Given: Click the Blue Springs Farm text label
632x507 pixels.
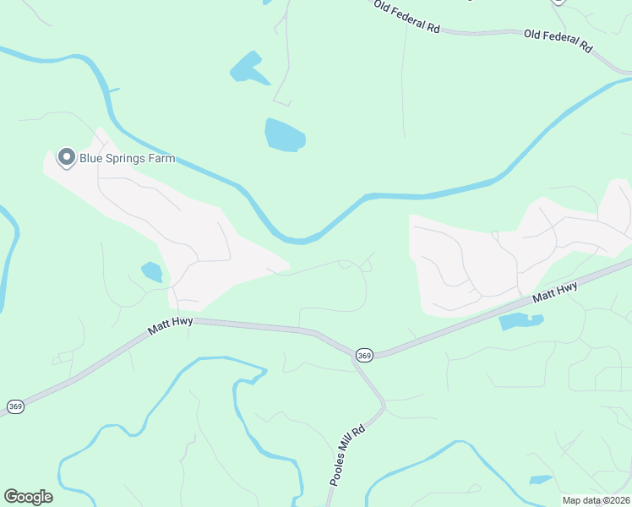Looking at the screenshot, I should (127, 157).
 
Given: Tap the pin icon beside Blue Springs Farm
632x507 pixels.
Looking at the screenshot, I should (66, 157).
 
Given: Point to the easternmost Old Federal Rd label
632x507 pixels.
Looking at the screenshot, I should (558, 41).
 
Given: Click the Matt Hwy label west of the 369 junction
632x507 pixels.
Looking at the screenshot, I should (171, 328).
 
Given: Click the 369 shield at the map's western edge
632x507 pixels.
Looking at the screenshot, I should (15, 406).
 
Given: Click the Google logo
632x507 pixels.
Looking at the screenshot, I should (28, 496).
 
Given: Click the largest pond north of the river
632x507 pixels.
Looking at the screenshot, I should (285, 135).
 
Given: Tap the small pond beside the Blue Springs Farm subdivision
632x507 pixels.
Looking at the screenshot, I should (152, 271).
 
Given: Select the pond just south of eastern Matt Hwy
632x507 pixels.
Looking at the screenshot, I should (518, 321).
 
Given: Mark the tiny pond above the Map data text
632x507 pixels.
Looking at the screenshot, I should (541, 480).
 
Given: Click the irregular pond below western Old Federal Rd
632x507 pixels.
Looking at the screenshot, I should (247, 68).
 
